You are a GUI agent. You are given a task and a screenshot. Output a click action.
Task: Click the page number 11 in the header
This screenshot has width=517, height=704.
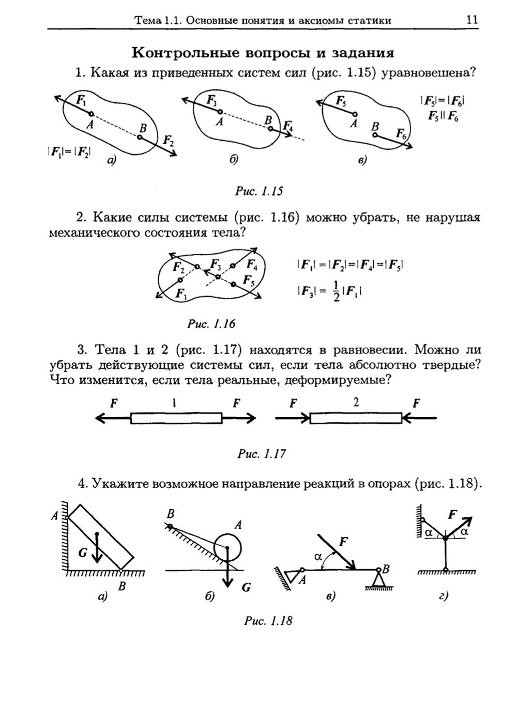[x=471, y=20]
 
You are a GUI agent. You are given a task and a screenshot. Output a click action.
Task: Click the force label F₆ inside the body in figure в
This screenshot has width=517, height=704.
[x=401, y=134]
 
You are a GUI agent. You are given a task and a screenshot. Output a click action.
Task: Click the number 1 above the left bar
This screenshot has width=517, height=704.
[x=175, y=403]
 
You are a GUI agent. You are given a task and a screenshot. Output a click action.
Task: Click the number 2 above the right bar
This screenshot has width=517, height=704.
[x=356, y=402]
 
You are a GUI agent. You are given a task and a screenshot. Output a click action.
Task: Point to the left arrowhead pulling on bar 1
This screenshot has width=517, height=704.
[x=100, y=419]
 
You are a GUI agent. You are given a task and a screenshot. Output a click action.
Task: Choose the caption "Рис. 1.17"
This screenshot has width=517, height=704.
[x=261, y=454]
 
